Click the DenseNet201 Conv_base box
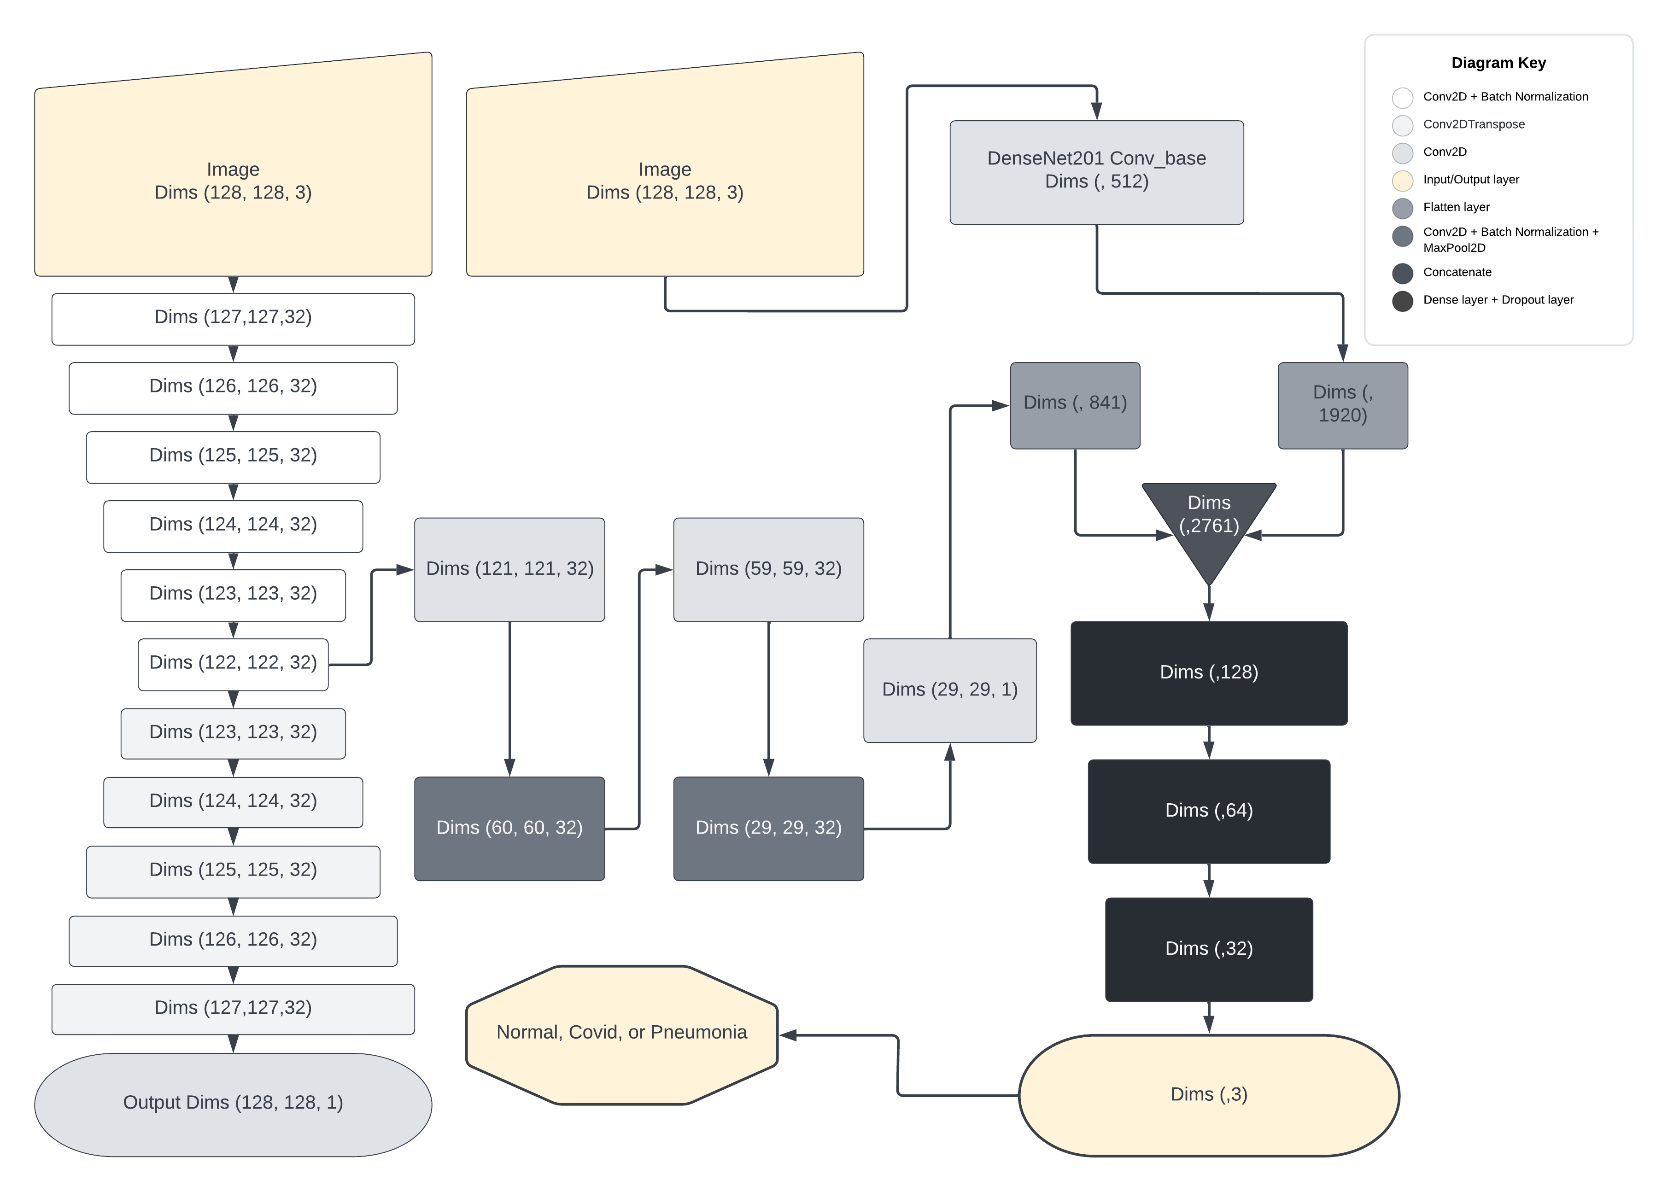tap(1096, 172)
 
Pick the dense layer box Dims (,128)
tap(1208, 672)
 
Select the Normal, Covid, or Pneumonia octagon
tap(621, 1034)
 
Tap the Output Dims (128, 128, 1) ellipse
tap(233, 1103)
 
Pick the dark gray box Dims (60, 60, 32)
tap(509, 828)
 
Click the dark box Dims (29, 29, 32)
tap(768, 828)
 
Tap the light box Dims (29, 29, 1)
tap(949, 690)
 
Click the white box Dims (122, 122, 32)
tap(233, 664)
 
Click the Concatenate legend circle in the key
tap(1402, 274)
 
